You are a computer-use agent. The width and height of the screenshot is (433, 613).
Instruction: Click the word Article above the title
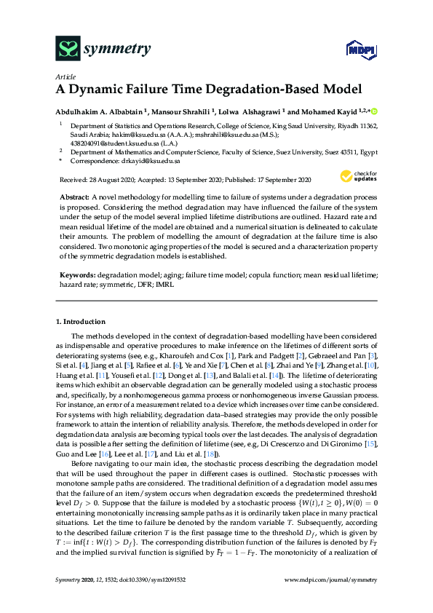(x=64, y=76)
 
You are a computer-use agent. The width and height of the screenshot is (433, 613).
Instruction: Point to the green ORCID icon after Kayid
(x=376, y=111)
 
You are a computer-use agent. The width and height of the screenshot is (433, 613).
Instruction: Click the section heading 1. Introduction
(x=81, y=321)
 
